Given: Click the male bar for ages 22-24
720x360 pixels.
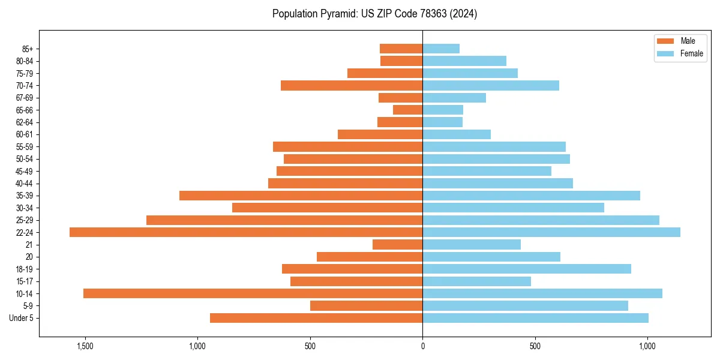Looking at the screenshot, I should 246,232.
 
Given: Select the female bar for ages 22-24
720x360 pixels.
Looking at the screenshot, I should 551,232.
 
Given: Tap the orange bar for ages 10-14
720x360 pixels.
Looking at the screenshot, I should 253,293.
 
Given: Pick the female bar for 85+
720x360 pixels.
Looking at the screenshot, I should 441,49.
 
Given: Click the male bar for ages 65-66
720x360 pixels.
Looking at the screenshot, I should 408,110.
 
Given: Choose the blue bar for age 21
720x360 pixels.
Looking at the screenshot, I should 472,245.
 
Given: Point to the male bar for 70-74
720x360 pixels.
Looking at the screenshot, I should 352,85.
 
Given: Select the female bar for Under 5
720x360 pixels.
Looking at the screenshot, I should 535,318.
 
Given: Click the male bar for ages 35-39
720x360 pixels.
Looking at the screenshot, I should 301,196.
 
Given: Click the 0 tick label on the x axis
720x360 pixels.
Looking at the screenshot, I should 422,346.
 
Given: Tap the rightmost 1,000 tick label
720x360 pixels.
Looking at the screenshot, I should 647,346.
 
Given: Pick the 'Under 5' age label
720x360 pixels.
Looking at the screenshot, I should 21,318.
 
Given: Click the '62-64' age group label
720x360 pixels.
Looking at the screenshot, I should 24,122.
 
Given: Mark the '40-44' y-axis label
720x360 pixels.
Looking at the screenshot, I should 24,184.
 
